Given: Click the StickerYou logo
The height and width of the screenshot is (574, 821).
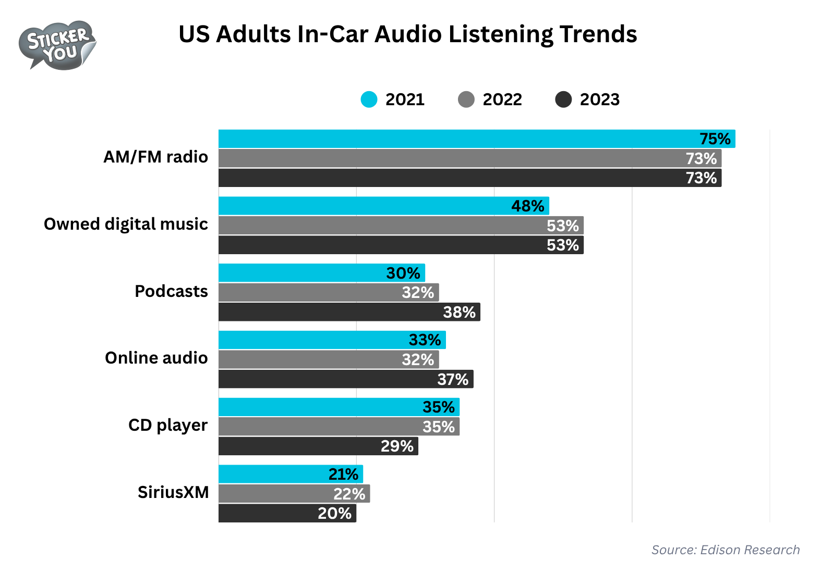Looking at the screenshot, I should click(57, 45).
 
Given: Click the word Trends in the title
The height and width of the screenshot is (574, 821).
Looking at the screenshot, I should click(598, 34).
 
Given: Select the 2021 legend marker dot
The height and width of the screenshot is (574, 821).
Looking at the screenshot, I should click(369, 99).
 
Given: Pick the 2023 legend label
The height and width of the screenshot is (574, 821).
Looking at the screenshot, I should click(599, 99).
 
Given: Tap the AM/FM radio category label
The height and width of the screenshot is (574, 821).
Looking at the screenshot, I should click(155, 157).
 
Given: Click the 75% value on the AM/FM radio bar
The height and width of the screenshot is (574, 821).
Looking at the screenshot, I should click(715, 139).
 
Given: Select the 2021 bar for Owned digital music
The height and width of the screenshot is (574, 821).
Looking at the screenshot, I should click(383, 206).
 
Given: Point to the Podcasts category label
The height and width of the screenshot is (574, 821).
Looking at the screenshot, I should click(171, 291).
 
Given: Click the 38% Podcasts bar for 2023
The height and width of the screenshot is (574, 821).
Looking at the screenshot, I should click(349, 312).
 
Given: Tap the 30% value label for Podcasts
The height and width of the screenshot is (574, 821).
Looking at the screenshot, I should click(403, 273).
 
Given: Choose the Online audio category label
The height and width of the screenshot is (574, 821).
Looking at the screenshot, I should click(156, 358).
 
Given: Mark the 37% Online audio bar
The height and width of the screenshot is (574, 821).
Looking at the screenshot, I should click(345, 379).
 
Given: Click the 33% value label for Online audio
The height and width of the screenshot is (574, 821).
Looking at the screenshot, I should click(425, 340).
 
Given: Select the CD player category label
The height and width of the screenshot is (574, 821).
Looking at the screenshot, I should click(167, 425).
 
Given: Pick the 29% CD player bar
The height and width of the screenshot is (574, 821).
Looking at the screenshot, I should click(318, 446).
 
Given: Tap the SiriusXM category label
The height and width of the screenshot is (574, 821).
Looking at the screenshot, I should click(173, 492).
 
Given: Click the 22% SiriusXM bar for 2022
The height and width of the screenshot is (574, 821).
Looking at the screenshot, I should click(294, 494).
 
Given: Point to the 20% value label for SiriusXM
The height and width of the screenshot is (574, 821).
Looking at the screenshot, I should click(334, 514).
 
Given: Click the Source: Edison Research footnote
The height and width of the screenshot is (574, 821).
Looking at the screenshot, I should click(725, 550).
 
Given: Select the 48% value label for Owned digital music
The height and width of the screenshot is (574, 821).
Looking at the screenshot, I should click(527, 206).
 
